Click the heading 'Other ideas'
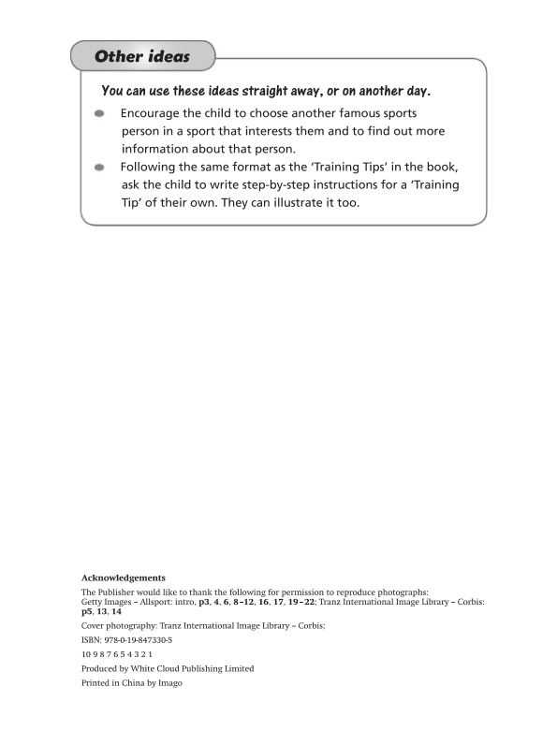click(x=142, y=57)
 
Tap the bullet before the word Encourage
click(x=99, y=114)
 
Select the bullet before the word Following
click(x=99, y=168)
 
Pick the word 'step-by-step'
click(x=264, y=185)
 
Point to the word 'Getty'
click(x=94, y=601)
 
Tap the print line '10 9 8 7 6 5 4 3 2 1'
click(x=117, y=653)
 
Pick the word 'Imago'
click(x=169, y=683)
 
